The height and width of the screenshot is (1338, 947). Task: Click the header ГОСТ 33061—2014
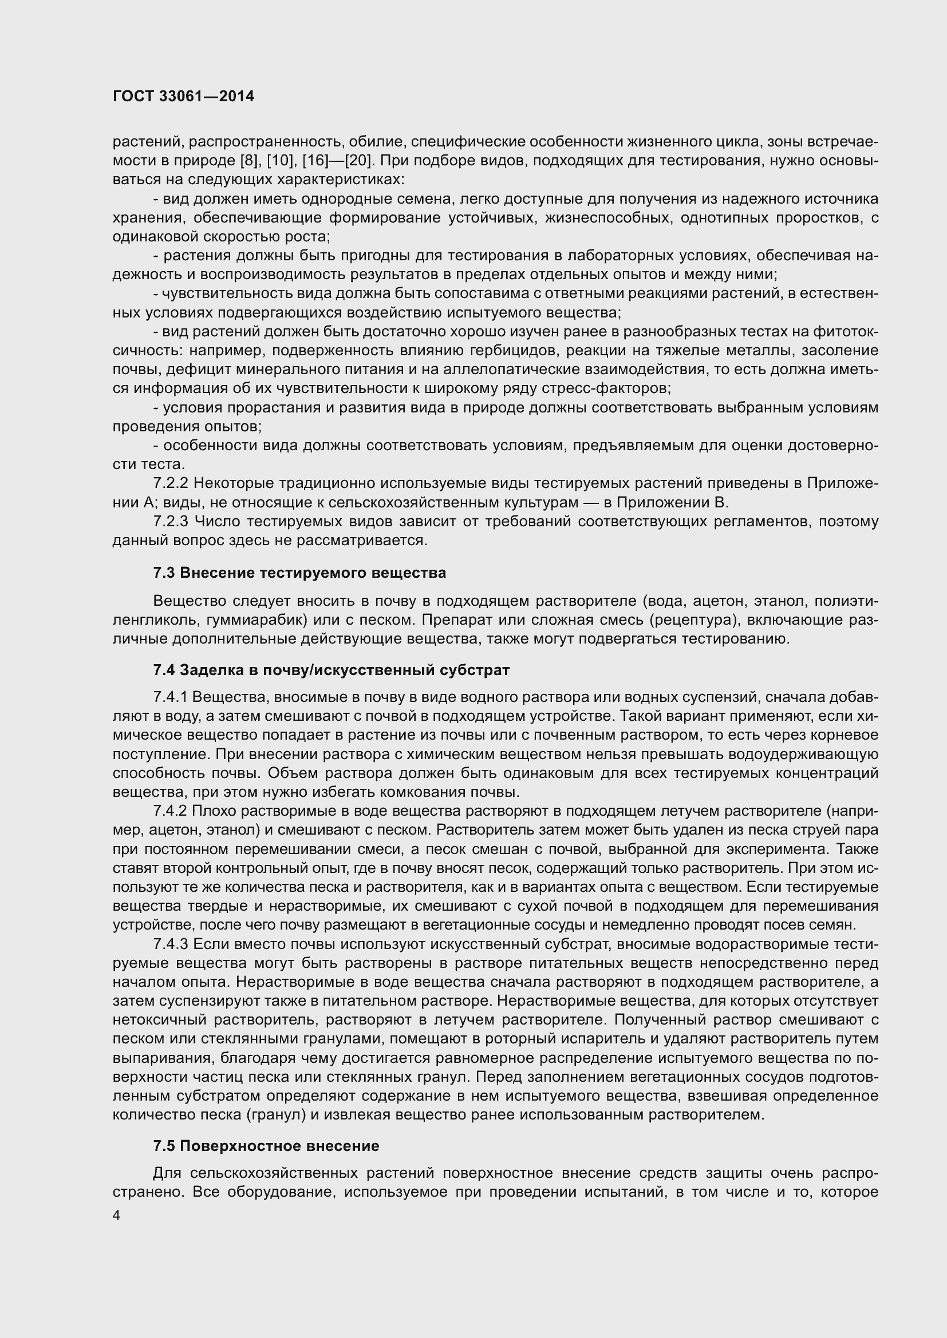(183, 97)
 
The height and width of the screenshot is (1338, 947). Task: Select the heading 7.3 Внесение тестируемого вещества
(299, 573)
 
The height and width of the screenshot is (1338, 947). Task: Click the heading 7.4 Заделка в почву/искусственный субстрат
(331, 670)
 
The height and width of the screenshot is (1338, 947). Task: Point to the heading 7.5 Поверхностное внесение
(266, 1146)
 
